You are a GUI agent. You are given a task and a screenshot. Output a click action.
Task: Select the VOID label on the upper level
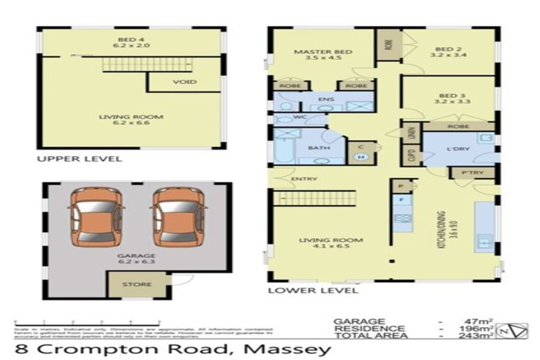(184, 82)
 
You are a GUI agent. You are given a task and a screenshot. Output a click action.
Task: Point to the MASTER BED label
(313, 52)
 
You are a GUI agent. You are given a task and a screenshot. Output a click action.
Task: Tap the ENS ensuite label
(325, 100)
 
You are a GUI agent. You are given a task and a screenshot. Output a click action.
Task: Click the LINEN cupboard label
(412, 131)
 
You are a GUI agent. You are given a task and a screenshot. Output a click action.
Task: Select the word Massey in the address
(289, 349)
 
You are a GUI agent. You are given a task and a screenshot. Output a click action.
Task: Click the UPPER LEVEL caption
(79, 159)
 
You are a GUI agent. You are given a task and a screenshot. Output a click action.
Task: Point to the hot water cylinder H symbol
(361, 157)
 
